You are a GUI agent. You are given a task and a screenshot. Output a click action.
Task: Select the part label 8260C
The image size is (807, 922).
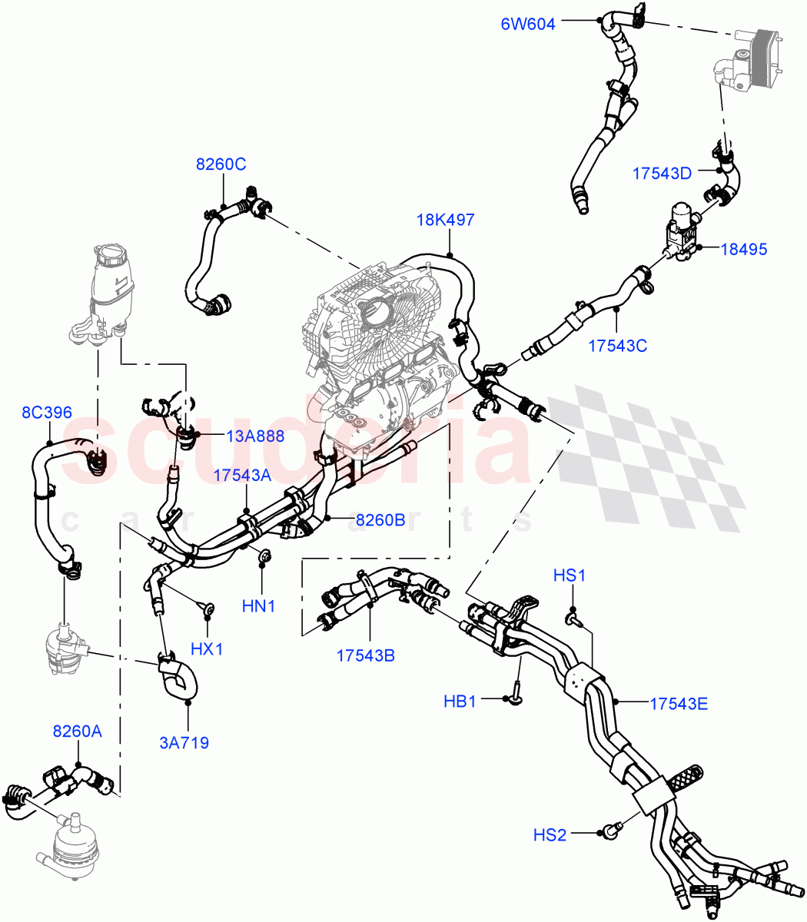(221, 164)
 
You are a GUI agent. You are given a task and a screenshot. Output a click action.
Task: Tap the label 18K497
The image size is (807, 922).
(445, 220)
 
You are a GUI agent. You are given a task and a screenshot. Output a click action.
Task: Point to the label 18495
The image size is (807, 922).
(745, 249)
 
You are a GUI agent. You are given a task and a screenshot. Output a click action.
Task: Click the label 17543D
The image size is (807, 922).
(662, 174)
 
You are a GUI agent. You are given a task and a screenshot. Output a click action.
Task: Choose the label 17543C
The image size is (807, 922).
(617, 346)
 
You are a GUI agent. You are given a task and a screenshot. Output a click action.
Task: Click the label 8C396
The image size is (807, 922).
(46, 413)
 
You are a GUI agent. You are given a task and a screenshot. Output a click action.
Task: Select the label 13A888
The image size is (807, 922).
(255, 436)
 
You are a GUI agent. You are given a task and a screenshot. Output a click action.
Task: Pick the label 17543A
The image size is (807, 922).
(242, 476)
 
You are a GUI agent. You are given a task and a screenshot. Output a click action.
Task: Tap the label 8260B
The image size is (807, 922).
(380, 520)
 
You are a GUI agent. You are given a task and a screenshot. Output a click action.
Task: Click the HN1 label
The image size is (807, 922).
(258, 606)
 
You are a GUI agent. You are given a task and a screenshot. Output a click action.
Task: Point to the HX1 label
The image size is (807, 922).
(206, 649)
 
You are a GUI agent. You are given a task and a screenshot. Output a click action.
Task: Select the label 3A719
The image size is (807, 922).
(184, 742)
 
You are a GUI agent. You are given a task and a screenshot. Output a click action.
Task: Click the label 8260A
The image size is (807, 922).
(77, 731)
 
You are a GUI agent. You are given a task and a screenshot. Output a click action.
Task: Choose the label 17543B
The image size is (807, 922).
(365, 655)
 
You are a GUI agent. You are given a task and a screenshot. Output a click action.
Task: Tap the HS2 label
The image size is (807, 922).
(550, 834)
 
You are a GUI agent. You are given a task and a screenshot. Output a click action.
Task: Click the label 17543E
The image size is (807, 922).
(678, 703)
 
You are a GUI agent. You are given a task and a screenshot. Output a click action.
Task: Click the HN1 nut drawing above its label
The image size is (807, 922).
(262, 556)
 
